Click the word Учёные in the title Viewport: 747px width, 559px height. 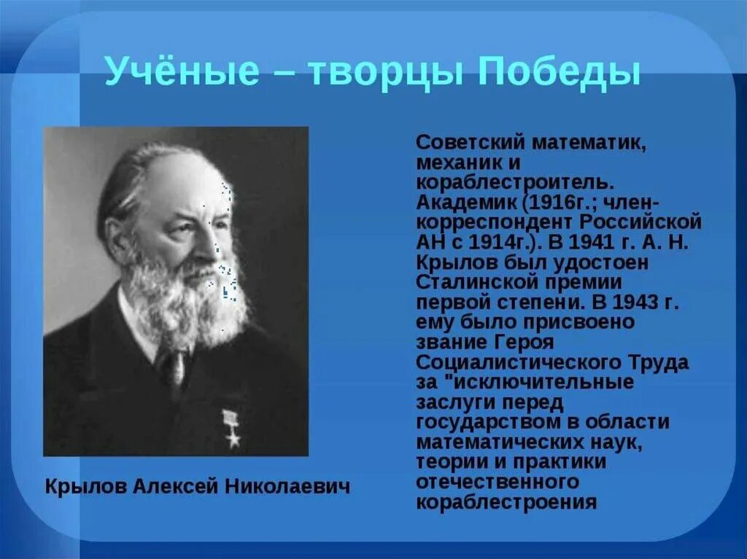pyautogui.click(x=182, y=71)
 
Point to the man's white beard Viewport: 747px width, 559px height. pyautogui.click(x=186, y=299)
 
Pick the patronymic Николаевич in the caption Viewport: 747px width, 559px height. pyautogui.click(x=287, y=486)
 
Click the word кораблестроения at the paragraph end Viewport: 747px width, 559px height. pyautogui.click(x=506, y=502)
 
